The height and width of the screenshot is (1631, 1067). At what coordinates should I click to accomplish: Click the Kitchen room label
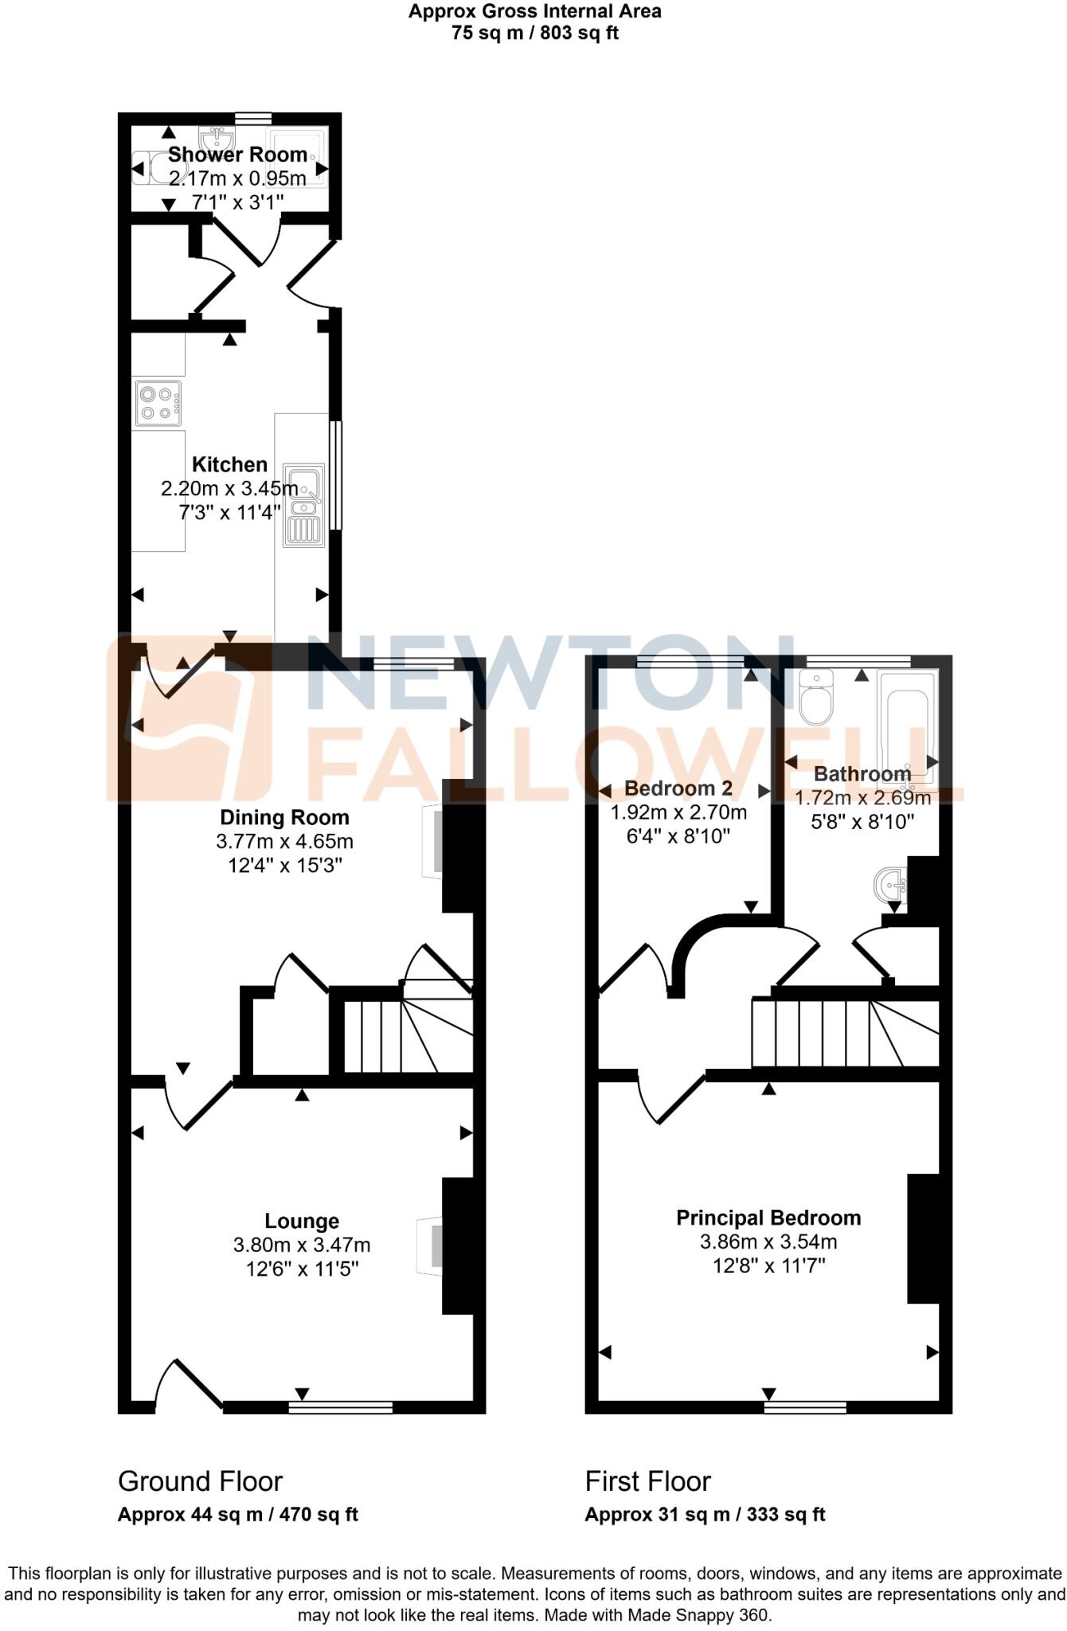pyautogui.click(x=229, y=465)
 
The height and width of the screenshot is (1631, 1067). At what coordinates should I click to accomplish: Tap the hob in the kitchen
pyautogui.click(x=158, y=403)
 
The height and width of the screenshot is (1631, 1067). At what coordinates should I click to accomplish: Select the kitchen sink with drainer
pyautogui.click(x=303, y=506)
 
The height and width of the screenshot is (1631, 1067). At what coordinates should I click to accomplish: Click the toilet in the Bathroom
pyautogui.click(x=815, y=698)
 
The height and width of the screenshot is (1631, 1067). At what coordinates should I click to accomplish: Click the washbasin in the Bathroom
pyautogui.click(x=890, y=885)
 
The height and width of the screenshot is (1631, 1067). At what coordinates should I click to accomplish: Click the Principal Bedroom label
pyautogui.click(x=768, y=1218)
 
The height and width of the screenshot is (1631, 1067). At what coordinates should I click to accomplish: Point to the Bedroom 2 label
pyautogui.click(x=678, y=788)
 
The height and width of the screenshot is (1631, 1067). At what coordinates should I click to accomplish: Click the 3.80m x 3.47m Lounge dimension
pyautogui.click(x=302, y=1245)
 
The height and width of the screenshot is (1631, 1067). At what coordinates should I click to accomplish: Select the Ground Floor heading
pyautogui.click(x=200, y=1481)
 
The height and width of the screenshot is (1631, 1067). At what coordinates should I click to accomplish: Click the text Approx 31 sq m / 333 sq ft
pyautogui.click(x=705, y=1515)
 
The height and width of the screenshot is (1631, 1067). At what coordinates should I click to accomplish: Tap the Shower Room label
pyautogui.click(x=237, y=154)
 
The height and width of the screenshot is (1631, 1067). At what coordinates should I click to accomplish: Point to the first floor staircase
pyautogui.click(x=836, y=1034)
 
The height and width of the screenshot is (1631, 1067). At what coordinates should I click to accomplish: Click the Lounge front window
pyautogui.click(x=340, y=1407)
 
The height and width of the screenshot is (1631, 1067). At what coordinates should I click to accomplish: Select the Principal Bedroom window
pyautogui.click(x=805, y=1407)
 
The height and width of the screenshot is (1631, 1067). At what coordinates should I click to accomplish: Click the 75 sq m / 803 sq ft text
pyautogui.click(x=534, y=33)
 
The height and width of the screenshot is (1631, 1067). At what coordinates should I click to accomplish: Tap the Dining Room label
pyautogui.click(x=284, y=817)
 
